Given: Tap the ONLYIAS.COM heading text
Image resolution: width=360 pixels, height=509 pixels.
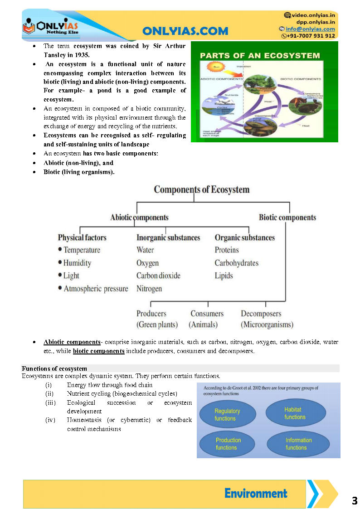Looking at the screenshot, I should click(x=185, y=31).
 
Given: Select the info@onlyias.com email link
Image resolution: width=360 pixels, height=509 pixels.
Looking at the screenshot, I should click(x=310, y=29).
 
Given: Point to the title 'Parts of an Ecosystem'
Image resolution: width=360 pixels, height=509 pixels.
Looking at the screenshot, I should click(x=260, y=56).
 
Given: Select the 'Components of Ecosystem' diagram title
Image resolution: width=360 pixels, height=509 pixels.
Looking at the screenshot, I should click(x=201, y=189).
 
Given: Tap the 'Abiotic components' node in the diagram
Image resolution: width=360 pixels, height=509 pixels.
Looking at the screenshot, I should click(x=139, y=218).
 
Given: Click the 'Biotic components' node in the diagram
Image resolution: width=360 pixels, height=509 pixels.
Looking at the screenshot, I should click(x=287, y=218).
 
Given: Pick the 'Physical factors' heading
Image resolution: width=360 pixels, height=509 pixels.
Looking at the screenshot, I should click(x=82, y=238).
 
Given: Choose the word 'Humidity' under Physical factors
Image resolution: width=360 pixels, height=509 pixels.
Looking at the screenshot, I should click(x=77, y=263).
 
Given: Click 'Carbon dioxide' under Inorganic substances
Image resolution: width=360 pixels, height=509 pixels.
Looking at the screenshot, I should click(x=158, y=276).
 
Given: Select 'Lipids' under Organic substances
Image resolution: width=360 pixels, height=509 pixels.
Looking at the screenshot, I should click(x=224, y=276).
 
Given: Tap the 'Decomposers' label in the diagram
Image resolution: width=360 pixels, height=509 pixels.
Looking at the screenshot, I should click(x=261, y=314).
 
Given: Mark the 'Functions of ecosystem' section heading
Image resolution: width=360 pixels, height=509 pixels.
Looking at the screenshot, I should click(x=54, y=368).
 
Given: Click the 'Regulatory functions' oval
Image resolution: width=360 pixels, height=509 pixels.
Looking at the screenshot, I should click(x=227, y=415).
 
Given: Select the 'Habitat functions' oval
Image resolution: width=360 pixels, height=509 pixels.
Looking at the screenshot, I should click(x=295, y=413).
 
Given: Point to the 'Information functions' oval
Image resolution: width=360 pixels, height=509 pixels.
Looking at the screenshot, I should click(x=298, y=444).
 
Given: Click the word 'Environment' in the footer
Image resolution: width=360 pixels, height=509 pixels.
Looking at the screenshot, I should click(x=256, y=494).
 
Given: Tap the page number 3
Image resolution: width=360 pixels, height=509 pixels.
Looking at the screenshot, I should click(x=355, y=501).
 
